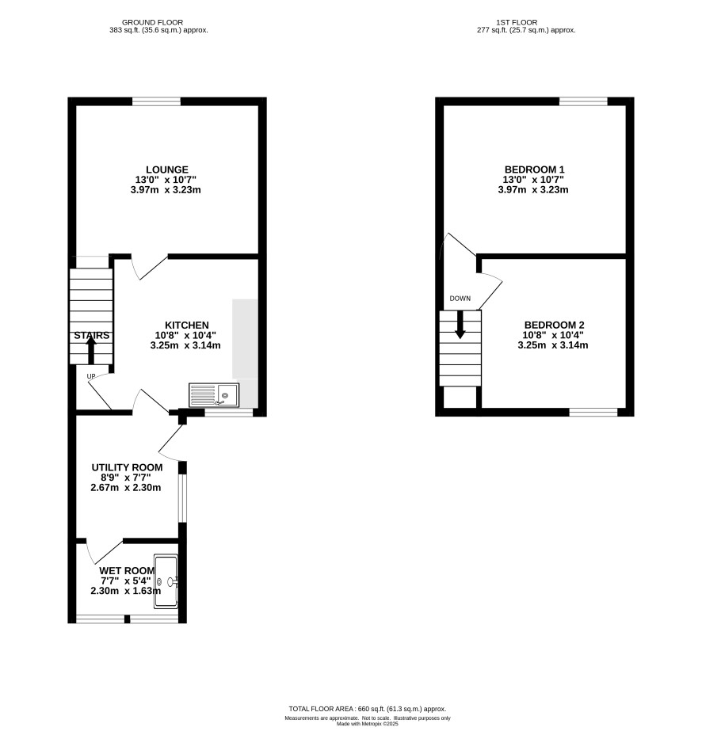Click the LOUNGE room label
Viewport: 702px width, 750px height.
click(x=167, y=169)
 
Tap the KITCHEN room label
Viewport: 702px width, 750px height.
click(x=187, y=326)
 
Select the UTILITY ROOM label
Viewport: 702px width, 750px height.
click(x=127, y=467)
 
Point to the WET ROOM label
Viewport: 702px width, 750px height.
click(x=127, y=571)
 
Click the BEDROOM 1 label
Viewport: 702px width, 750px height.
click(x=535, y=169)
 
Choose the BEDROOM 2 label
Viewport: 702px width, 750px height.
click(x=554, y=326)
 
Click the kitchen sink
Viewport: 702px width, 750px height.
click(x=214, y=395)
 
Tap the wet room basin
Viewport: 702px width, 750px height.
click(x=166, y=581)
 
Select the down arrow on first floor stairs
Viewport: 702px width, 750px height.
click(x=460, y=325)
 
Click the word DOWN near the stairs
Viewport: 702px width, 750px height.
click(x=460, y=299)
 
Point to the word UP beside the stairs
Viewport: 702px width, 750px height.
click(x=91, y=376)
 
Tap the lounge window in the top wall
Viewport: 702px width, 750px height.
click(x=156, y=101)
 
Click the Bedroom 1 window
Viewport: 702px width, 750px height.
click(x=583, y=101)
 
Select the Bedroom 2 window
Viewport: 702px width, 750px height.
click(x=593, y=413)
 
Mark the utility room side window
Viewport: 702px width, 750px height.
click(x=182, y=499)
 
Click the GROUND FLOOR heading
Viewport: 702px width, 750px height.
click(x=152, y=22)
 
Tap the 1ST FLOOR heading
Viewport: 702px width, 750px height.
click(x=517, y=22)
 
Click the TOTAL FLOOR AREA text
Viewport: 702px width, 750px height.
click(x=368, y=709)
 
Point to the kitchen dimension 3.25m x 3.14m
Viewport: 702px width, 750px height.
click(x=185, y=345)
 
